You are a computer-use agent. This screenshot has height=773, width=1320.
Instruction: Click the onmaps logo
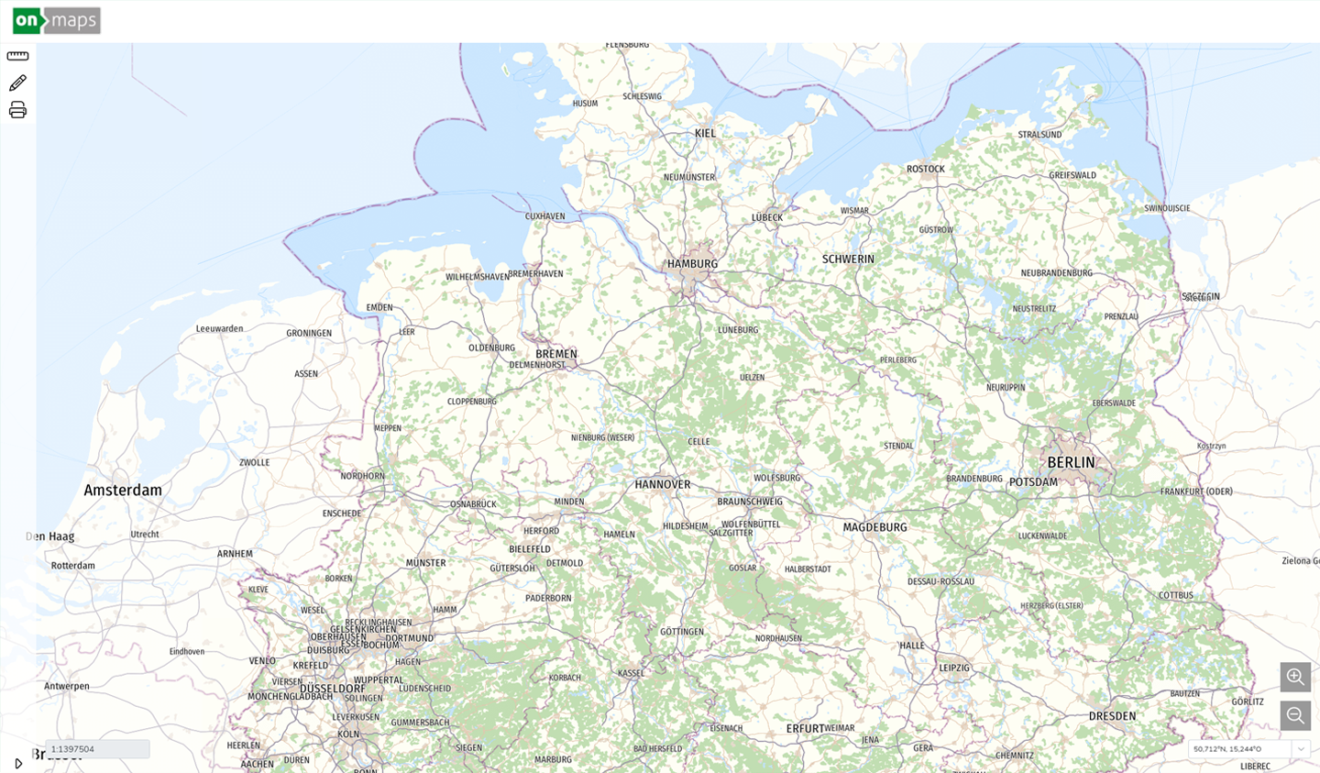point(57,20)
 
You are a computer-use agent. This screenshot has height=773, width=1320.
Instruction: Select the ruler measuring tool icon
point(17,56)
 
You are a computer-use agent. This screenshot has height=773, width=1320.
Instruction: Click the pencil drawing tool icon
point(17,83)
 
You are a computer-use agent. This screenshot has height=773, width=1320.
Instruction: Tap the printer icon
point(17,111)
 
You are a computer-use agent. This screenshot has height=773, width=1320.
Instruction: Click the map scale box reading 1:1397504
point(97,749)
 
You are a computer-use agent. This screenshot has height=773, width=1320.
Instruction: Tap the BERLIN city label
point(1071,463)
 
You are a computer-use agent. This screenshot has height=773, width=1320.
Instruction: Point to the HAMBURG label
point(692,264)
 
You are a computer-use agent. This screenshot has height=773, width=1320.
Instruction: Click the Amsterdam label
point(123,491)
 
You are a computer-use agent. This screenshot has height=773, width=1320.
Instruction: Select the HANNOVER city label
point(663,484)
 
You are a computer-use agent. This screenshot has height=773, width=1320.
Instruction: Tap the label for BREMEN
point(556,354)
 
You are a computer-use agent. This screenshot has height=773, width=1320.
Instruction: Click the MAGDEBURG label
point(874,527)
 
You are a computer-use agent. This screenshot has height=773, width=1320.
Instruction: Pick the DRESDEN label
point(1112,716)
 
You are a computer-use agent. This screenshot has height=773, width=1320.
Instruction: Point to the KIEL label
point(705,134)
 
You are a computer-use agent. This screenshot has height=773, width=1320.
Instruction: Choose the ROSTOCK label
point(925,169)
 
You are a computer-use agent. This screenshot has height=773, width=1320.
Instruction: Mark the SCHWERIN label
point(848,260)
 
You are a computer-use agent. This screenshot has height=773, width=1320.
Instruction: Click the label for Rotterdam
point(73,566)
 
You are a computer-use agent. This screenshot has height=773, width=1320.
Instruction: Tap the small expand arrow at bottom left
point(18,763)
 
